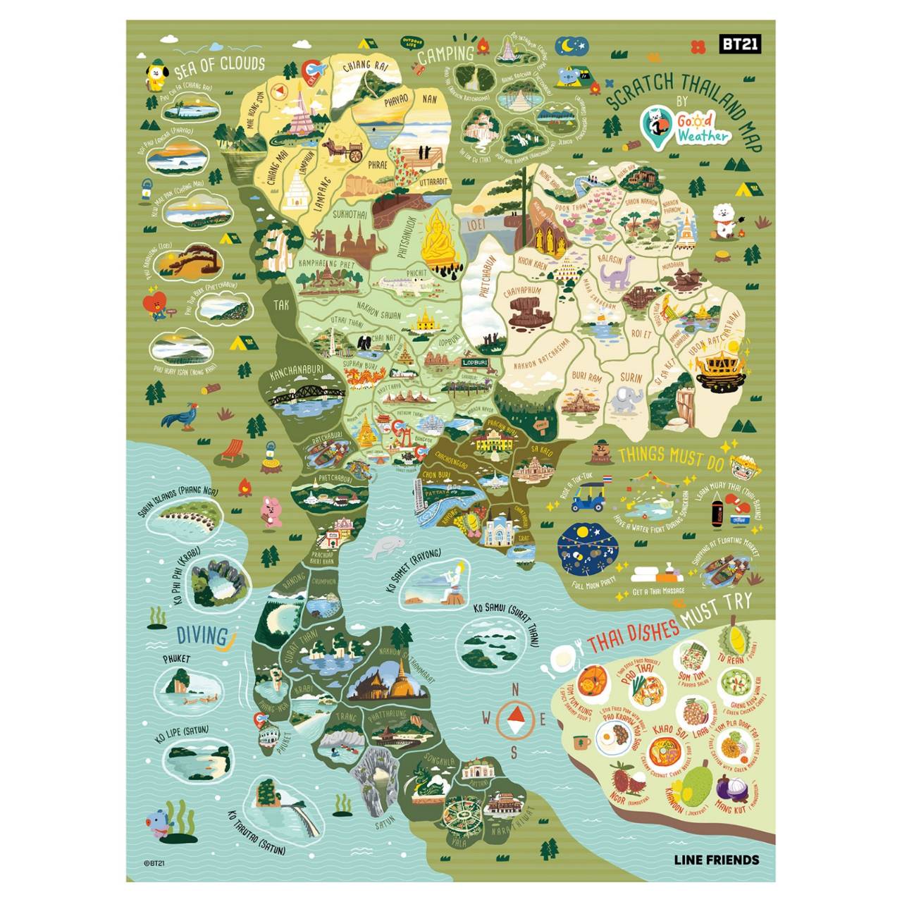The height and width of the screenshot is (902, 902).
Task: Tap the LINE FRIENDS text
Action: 717,859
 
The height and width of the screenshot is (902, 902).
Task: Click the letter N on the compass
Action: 514,688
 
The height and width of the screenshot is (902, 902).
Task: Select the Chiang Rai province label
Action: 365,66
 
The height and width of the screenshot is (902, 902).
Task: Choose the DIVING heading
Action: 202,636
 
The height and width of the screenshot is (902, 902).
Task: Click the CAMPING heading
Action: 445,54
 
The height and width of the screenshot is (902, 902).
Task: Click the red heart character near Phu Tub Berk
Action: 156,304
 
